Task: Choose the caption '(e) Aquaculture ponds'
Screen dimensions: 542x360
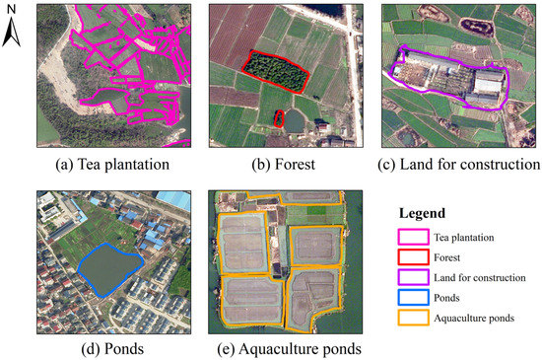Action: point(282,349)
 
